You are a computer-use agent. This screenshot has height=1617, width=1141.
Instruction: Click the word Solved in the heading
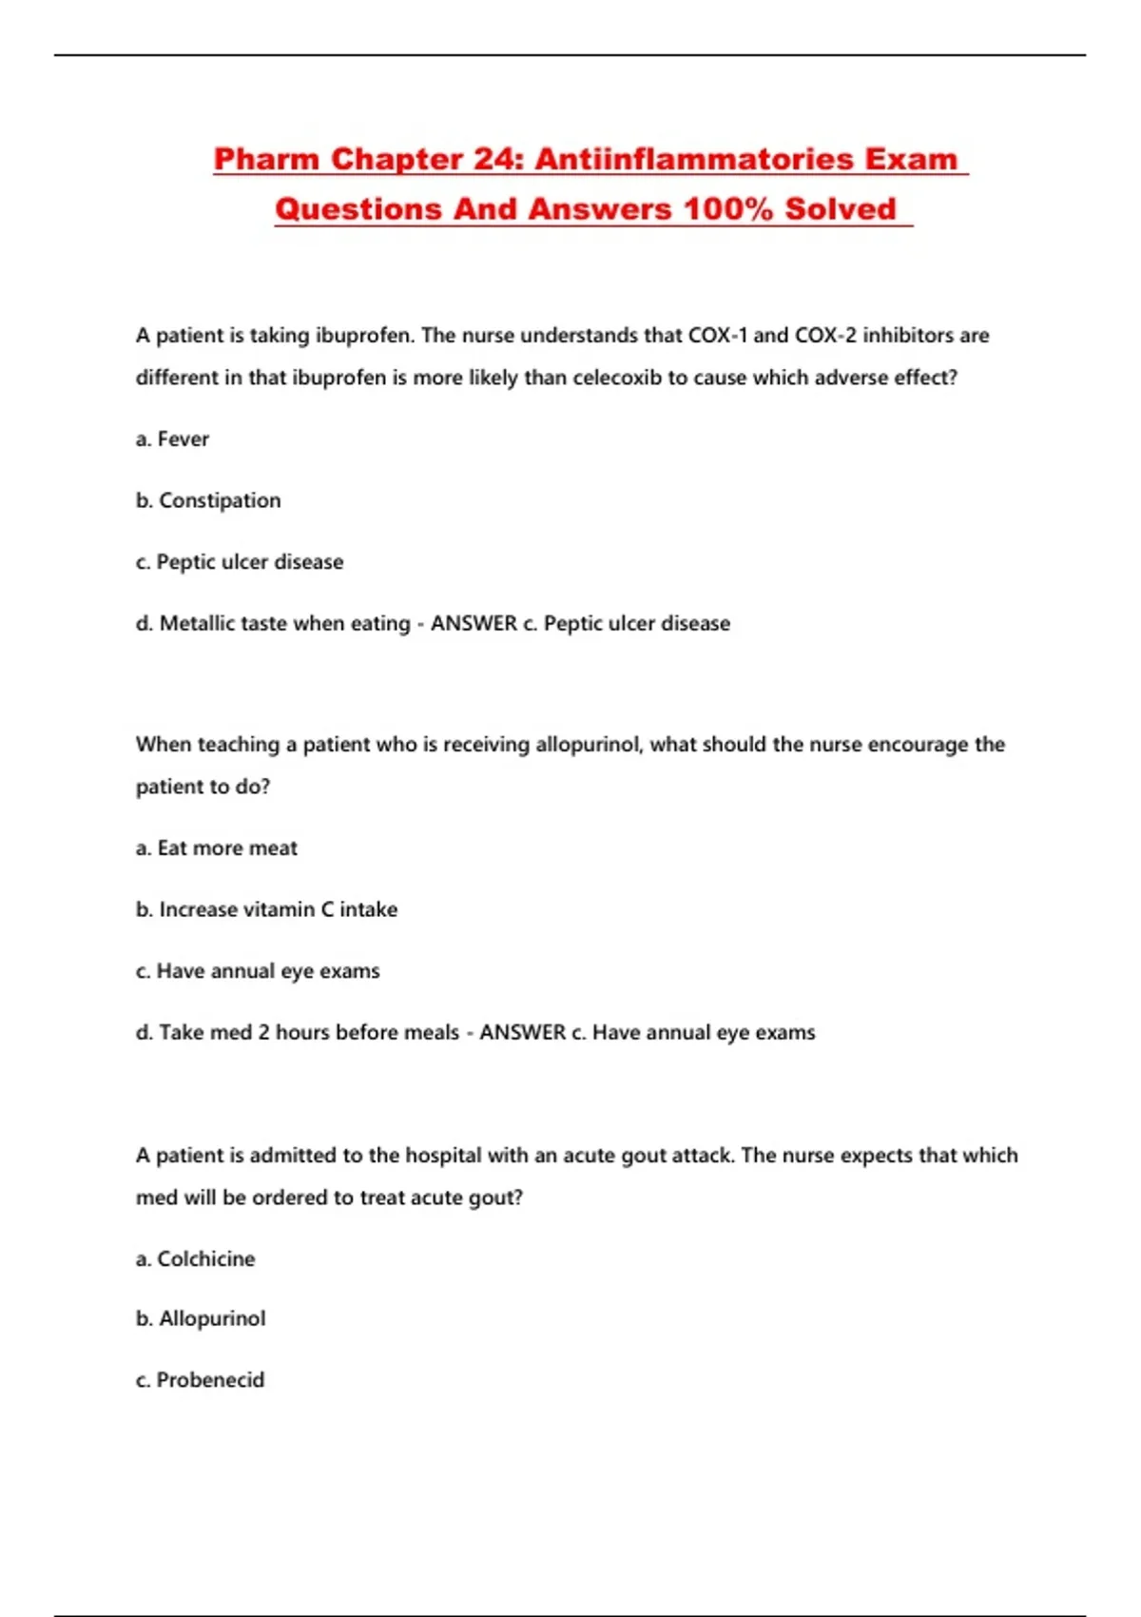(841, 209)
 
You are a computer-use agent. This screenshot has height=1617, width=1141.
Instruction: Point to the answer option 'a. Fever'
(172, 439)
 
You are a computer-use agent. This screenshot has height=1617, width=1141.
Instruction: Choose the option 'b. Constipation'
(208, 500)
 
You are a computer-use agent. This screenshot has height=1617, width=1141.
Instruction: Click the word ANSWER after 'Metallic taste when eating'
(474, 624)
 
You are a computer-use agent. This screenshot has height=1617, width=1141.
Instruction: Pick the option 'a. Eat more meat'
(217, 848)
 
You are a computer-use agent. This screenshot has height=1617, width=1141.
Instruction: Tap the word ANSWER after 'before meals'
(522, 1033)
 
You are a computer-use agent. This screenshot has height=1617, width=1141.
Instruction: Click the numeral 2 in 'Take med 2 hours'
(263, 1033)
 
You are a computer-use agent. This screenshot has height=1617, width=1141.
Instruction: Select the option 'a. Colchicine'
(196, 1259)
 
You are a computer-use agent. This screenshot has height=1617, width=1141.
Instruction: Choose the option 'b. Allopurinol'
(201, 1319)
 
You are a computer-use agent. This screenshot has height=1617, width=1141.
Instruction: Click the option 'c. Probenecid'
(200, 1380)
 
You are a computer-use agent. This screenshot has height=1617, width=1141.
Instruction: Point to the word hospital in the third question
(443, 1156)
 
